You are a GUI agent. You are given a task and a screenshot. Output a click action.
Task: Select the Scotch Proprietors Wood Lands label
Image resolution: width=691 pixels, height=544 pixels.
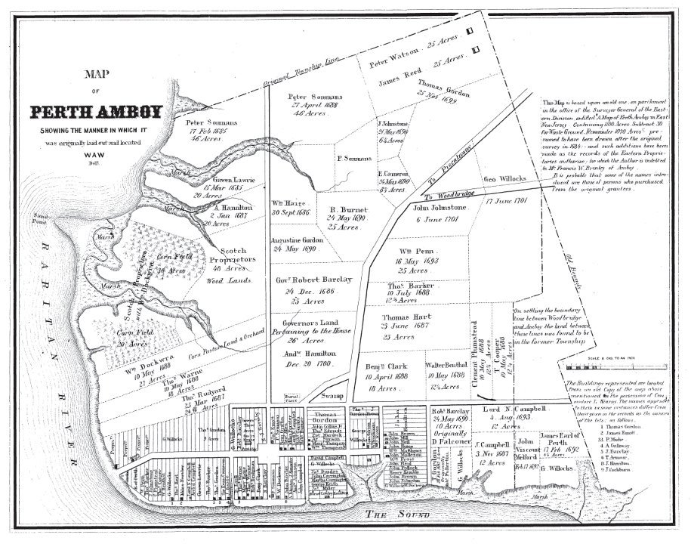pyautogui.click(x=238, y=258)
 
